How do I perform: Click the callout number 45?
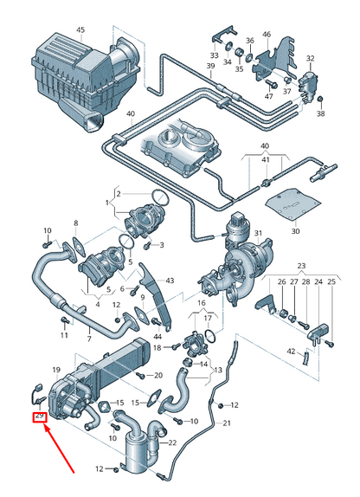[x=80, y=30]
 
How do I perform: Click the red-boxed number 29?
[x=39, y=416]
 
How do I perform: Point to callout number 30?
[x=294, y=231]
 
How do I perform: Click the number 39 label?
[x=209, y=66]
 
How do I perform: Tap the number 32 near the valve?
[x=310, y=58]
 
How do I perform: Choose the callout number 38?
[x=320, y=113]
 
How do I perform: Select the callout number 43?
[x=170, y=281]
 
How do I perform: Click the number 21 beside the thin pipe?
[x=227, y=423]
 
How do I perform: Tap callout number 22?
[x=171, y=442]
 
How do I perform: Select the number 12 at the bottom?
[x=100, y=468]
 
